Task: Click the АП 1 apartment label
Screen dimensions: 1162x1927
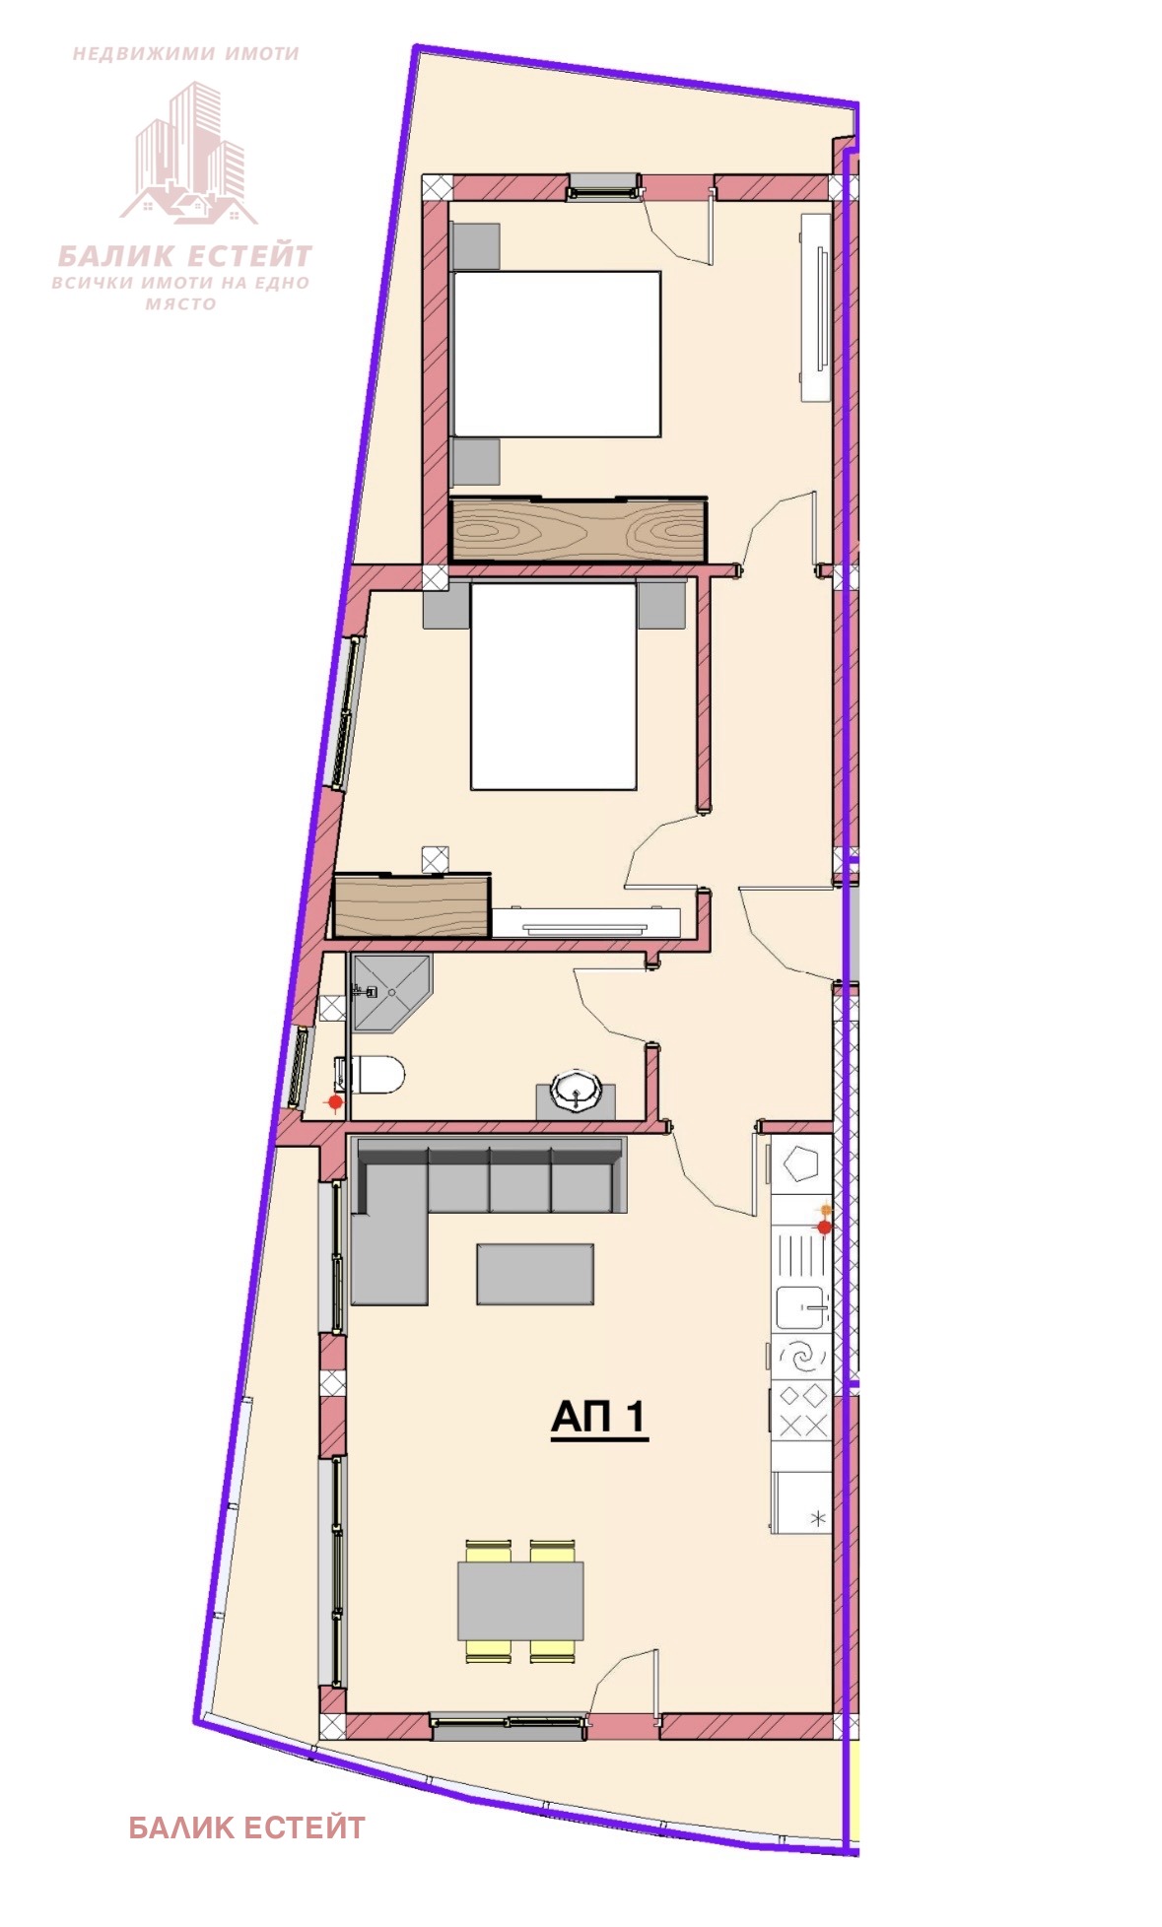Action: (599, 1418)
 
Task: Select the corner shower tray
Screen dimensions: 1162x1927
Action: (391, 992)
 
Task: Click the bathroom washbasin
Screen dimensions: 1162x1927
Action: (576, 1092)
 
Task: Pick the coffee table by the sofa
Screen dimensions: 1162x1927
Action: (535, 1274)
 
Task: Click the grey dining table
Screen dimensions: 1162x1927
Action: (520, 1600)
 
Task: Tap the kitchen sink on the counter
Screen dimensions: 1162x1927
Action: (801, 1307)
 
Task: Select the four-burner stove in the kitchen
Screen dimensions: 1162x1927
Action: (801, 1411)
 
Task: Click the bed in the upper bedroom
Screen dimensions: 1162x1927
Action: (556, 354)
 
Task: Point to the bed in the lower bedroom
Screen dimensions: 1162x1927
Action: (553, 686)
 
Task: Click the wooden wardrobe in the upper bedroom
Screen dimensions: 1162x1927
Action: (579, 530)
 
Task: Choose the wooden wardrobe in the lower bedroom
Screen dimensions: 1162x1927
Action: (412, 904)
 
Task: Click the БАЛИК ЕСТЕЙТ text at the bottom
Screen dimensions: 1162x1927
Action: (246, 1828)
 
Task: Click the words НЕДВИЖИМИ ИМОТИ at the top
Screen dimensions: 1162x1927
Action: (186, 54)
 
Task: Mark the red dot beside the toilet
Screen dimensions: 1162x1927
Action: (335, 1101)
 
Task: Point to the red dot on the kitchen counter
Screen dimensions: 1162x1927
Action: (824, 1227)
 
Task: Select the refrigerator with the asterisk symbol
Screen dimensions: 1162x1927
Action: (801, 1502)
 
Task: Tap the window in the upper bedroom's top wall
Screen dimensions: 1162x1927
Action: (603, 186)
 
